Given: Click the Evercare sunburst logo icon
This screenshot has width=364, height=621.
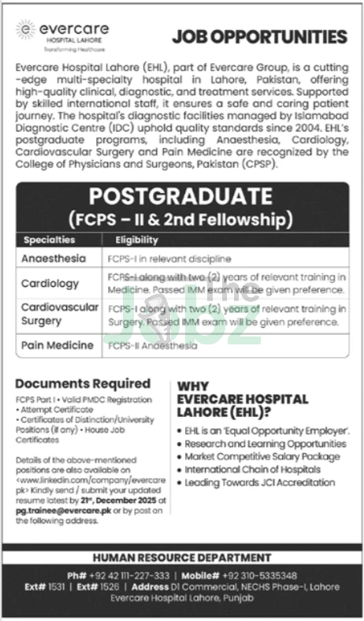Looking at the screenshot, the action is [x=26, y=30].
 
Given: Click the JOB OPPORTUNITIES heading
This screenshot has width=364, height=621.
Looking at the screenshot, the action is [x=259, y=37].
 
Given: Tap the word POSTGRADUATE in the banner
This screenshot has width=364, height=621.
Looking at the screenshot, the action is [x=182, y=194].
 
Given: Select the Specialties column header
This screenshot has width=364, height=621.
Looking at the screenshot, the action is [x=50, y=239].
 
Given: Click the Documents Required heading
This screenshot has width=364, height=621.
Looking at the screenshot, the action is [x=72, y=383].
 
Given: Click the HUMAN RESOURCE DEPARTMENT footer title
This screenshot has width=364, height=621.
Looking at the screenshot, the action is [x=181, y=557].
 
